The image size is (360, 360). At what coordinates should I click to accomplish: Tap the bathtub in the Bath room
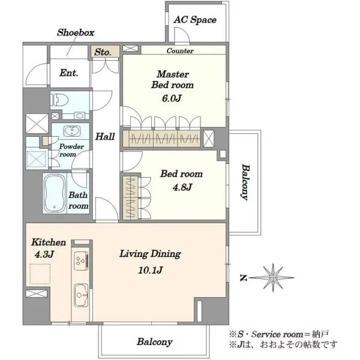pos(55,193)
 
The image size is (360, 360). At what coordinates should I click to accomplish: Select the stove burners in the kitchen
pos(81,261)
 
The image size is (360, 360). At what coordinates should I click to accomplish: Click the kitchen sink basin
pos(81,295)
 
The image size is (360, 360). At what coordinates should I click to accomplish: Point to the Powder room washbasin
pos(72,131)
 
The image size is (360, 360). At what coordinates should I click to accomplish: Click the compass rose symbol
pos(272,278)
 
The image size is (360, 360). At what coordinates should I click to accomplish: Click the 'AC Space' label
pos(195,20)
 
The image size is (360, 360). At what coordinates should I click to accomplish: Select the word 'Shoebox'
pos(76,32)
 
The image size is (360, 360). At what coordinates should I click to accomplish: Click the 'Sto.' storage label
pos(103,52)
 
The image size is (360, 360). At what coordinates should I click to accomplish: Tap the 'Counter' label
pos(180,51)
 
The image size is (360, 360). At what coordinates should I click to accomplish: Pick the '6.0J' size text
pos(172,98)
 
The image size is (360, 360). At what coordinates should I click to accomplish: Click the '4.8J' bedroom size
pos(182,187)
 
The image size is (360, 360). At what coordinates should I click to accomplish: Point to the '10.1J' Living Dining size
pos(151,270)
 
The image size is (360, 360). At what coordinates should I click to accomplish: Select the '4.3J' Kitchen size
pos(44,254)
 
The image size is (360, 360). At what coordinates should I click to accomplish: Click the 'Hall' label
pos(105,137)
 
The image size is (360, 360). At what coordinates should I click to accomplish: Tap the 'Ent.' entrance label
pos(68,73)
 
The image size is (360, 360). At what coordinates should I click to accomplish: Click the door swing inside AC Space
pos(182,34)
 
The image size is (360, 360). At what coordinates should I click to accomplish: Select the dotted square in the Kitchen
pos(40,274)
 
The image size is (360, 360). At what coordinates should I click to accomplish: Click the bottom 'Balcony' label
pos(155,342)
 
